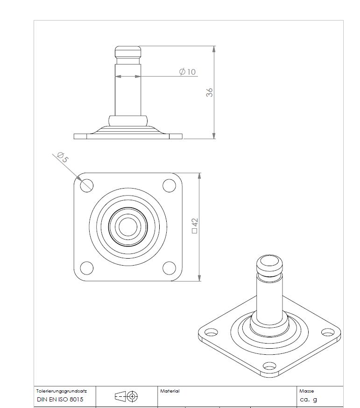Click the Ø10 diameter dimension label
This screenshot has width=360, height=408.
tap(187, 71)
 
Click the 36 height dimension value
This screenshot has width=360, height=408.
tap(210, 92)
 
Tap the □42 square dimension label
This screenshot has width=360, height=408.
tap(195, 225)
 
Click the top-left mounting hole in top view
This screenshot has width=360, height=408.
tap(86, 185)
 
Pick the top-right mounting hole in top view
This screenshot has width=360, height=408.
tap(169, 185)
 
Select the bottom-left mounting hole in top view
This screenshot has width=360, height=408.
tap(86, 268)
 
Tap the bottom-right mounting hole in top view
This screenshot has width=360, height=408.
tap(169, 268)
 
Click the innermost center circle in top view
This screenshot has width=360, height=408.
tap(127, 227)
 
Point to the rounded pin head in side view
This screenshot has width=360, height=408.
tap(128, 51)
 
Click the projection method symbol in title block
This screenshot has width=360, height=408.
tap(126, 396)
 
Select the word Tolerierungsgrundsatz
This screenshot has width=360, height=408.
tap(61, 391)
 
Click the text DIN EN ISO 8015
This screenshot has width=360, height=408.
tap(60, 400)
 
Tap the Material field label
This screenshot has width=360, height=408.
tap(169, 391)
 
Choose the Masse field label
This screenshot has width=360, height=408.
tap(306, 391)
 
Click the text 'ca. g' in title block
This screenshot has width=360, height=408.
tap(308, 400)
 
